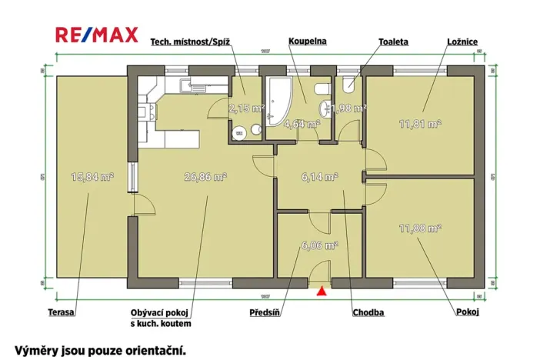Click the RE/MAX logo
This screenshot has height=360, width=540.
tap(97, 35)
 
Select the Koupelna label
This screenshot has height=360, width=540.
tap(306, 41)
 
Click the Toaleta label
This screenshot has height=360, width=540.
tap(393, 41)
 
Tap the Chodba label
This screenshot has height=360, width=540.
tap(368, 312)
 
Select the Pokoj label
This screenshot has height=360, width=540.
tap(467, 312)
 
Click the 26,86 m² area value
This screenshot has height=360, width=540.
tap(205, 176)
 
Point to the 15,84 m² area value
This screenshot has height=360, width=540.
tap(92, 176)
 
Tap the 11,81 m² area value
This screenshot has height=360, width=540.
tap(419, 122)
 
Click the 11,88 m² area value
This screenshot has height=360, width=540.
tap(419, 228)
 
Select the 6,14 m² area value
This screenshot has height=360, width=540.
tap(319, 176)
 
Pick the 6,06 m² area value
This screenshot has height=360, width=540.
tap(319, 246)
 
